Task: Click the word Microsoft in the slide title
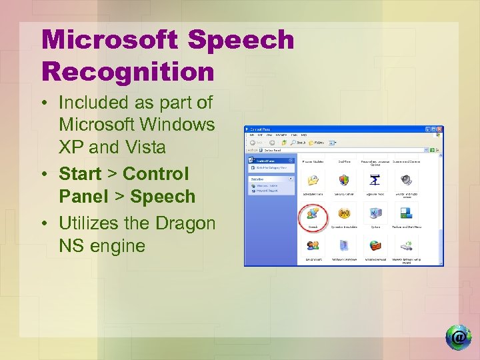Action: click(x=111, y=40)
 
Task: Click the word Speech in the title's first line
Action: click(x=241, y=40)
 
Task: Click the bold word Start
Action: click(x=80, y=174)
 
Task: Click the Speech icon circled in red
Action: click(x=312, y=214)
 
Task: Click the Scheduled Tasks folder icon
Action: click(x=312, y=181)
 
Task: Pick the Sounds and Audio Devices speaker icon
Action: click(x=406, y=181)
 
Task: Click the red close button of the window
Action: click(x=439, y=129)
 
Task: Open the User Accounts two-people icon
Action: click(x=312, y=247)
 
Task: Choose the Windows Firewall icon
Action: click(x=375, y=247)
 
